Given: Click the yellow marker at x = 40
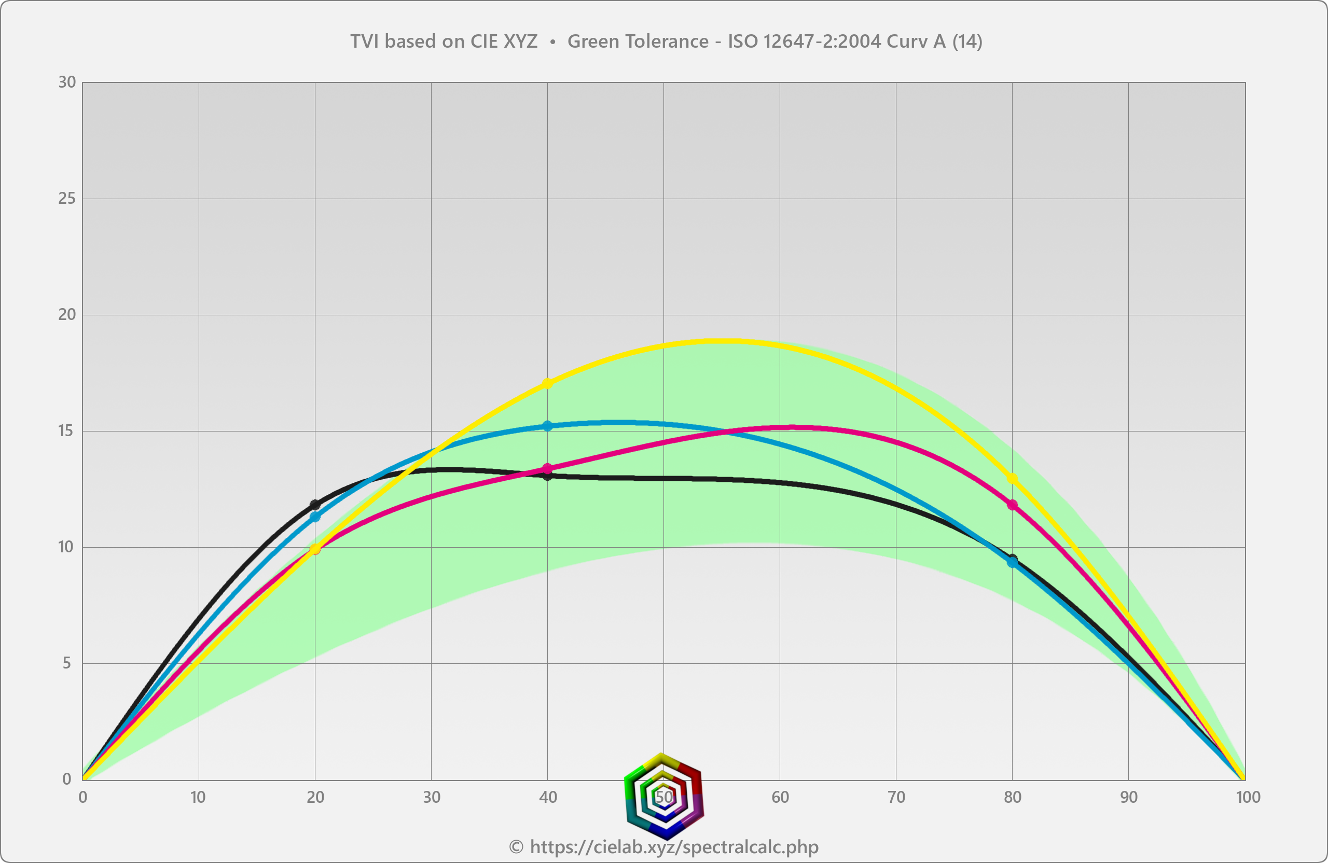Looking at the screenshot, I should point(547,383).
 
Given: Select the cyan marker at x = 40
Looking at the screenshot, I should point(547,426).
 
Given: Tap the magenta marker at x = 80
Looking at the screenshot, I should point(1012,505).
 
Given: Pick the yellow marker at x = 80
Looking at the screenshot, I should point(1012,478).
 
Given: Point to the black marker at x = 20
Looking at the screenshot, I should point(315,504).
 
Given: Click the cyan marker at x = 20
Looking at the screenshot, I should point(315,517).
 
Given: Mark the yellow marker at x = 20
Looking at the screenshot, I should point(315,549).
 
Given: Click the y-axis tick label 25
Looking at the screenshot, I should point(66,199).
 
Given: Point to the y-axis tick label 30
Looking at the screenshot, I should point(66,82).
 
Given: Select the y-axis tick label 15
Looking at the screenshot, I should point(66,430).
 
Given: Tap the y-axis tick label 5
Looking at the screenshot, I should point(67,663).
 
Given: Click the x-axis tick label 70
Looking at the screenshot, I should point(896,797).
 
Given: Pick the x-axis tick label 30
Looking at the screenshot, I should point(431,797).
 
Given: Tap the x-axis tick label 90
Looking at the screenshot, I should point(1128,797).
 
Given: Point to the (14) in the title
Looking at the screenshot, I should point(967,41).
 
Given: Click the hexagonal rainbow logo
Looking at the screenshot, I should point(664,796).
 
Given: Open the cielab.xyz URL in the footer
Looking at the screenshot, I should point(674,846).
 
